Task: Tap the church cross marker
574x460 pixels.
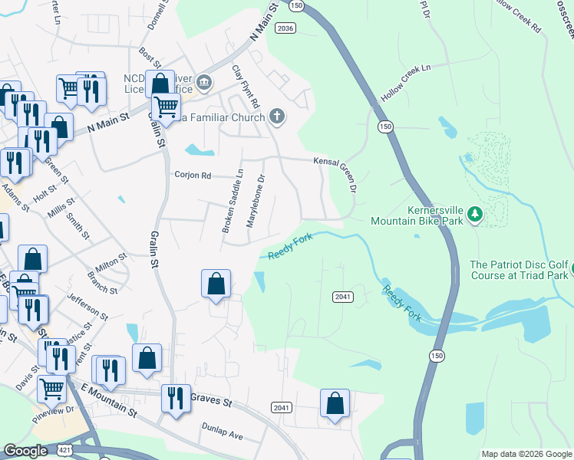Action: (277, 117)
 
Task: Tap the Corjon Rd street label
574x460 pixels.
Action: (193, 175)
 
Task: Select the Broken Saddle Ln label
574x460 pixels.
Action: (232, 201)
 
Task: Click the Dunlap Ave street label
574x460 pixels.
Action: (222, 430)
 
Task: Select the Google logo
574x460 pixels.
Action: (25, 452)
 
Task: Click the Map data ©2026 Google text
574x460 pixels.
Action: (526, 454)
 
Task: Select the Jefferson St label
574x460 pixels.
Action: (87, 307)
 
